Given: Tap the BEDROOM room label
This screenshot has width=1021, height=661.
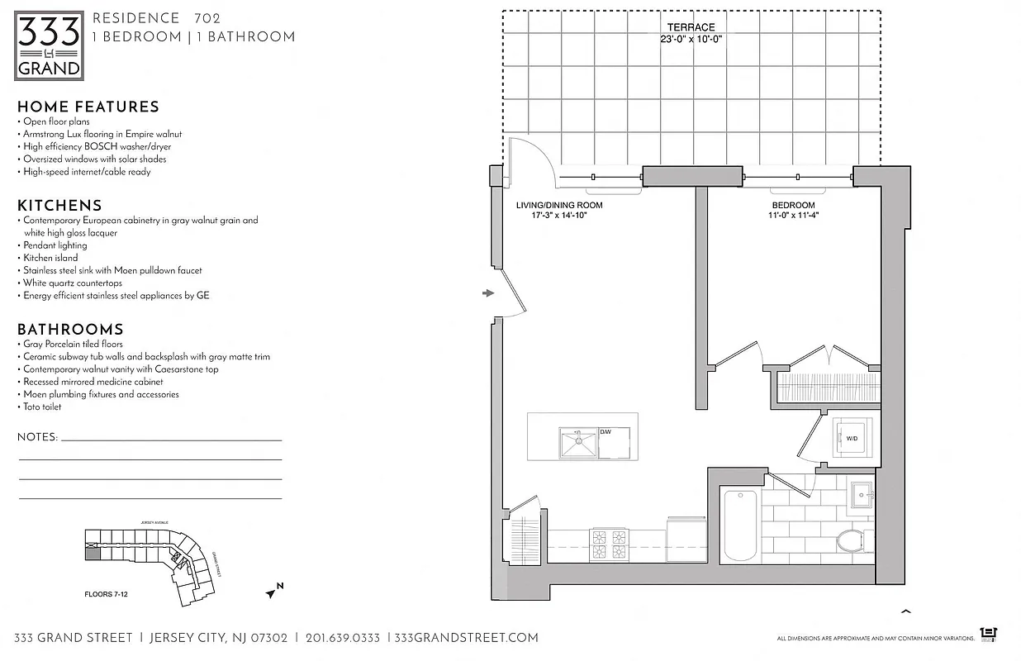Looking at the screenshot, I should pyautogui.click(x=793, y=205).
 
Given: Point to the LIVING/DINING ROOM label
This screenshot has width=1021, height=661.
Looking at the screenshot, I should pyautogui.click(x=559, y=205).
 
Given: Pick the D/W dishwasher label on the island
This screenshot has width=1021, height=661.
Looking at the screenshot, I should pyautogui.click(x=605, y=431).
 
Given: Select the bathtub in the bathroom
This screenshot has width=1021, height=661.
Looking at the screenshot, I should pyautogui.click(x=739, y=525).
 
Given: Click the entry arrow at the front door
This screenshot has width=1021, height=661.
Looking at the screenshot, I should pyautogui.click(x=488, y=292).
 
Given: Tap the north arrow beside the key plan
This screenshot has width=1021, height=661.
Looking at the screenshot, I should pyautogui.click(x=273, y=590).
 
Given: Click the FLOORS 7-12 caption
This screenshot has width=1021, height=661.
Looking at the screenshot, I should pyautogui.click(x=112, y=594).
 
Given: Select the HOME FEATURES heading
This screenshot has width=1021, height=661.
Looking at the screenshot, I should pyautogui.click(x=88, y=107).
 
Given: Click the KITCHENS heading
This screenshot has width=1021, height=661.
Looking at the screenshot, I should pyautogui.click(x=59, y=206).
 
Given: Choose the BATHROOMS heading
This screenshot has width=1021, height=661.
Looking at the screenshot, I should pyautogui.click(x=70, y=329).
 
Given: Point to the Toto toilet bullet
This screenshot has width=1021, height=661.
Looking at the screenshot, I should pyautogui.click(x=42, y=407).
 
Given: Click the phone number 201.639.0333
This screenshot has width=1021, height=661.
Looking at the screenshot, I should pyautogui.click(x=342, y=638).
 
